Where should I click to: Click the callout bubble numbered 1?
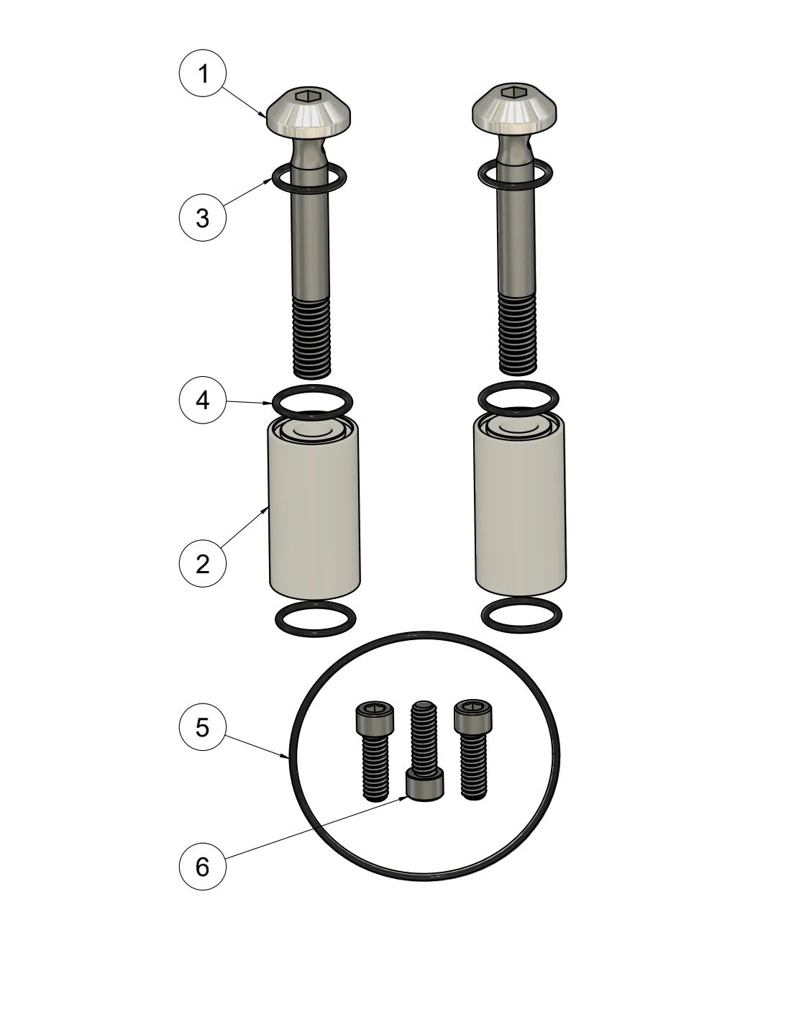(x=203, y=73)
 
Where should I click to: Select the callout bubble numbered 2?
(x=203, y=565)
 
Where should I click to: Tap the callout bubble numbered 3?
(x=203, y=218)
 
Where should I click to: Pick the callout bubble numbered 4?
(x=203, y=401)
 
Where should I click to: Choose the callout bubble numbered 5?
(x=203, y=727)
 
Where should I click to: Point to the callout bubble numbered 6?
(x=203, y=867)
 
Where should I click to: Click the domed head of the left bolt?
(x=309, y=110)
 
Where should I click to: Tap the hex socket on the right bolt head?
(x=515, y=93)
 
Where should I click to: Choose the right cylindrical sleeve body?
(x=520, y=506)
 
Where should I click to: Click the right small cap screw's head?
(x=473, y=716)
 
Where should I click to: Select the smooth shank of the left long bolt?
(x=311, y=230)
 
